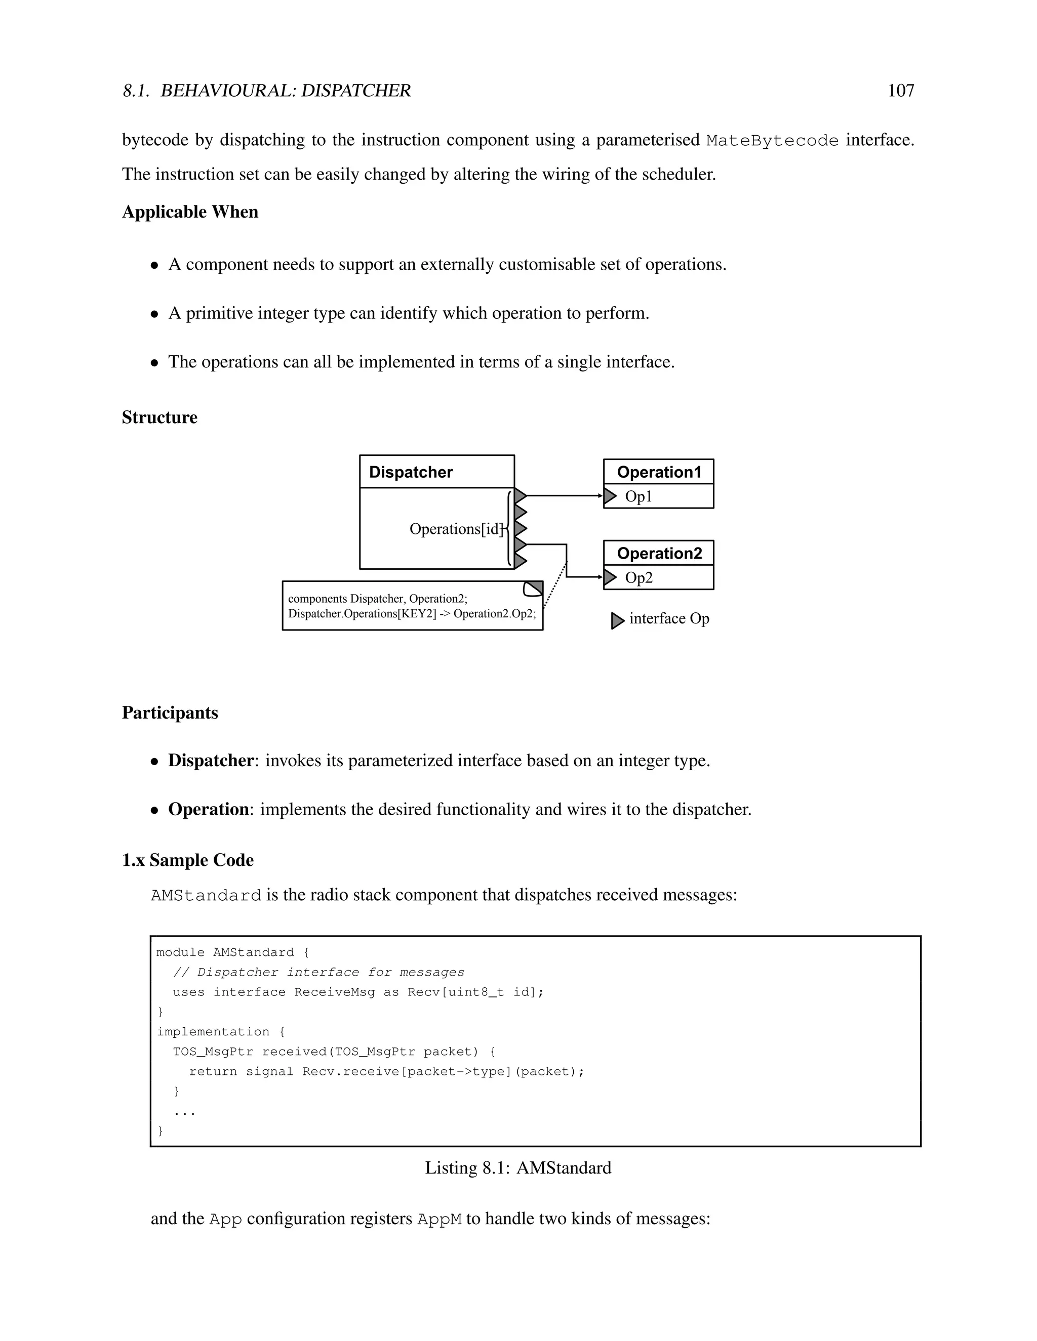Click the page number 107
click(901, 91)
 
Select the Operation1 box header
click(659, 472)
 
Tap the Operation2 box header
click(659, 553)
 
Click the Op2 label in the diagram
click(639, 578)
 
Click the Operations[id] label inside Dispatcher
click(456, 529)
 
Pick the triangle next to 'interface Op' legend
click(617, 621)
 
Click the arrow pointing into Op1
click(599, 495)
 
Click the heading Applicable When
click(190, 212)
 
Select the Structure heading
click(159, 417)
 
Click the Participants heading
click(170, 713)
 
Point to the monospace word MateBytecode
click(772, 141)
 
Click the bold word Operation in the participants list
click(208, 809)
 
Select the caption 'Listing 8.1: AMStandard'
click(518, 1168)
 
